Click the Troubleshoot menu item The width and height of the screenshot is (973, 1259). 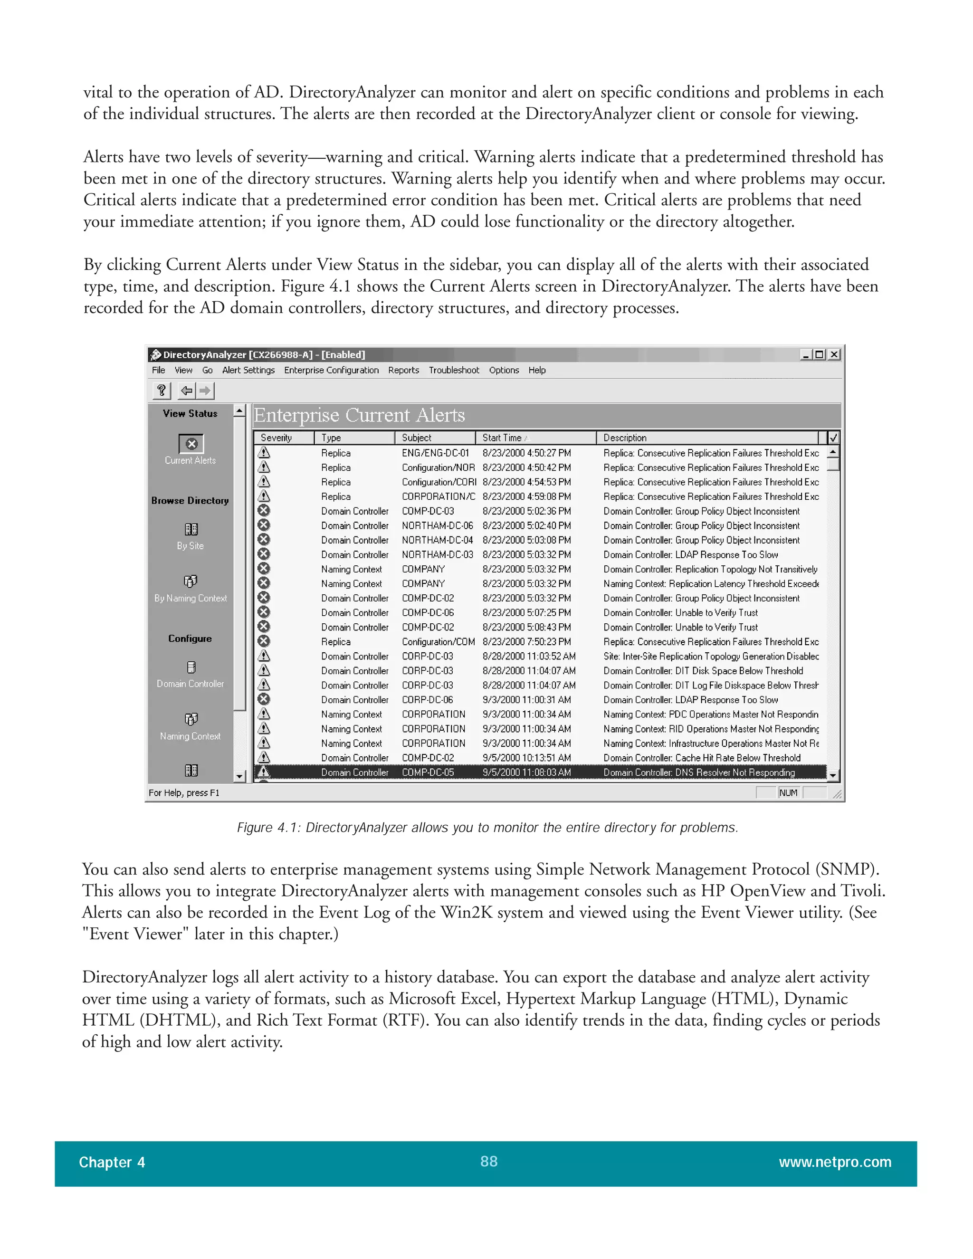(x=454, y=370)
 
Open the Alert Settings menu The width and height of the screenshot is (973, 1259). (x=248, y=370)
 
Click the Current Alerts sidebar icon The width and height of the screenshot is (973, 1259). (x=191, y=443)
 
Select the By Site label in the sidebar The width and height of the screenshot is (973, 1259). (x=190, y=545)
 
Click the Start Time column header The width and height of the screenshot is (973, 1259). (x=502, y=438)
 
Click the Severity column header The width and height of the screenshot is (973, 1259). (x=276, y=438)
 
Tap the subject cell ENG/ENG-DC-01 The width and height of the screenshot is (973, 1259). (x=435, y=453)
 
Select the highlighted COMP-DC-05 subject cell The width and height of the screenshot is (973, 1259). (x=428, y=773)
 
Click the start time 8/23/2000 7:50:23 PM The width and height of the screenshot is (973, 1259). (x=526, y=641)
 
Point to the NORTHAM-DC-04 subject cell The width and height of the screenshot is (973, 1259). (x=438, y=540)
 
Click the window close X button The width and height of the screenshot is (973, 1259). (x=833, y=354)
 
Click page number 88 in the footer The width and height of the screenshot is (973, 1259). (x=489, y=1161)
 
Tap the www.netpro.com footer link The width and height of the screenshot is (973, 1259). (x=835, y=1162)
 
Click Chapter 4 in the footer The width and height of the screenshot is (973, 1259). (x=112, y=1162)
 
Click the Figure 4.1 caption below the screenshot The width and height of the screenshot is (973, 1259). (x=487, y=827)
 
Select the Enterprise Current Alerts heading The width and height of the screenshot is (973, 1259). (x=359, y=415)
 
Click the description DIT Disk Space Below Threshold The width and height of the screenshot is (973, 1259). (x=703, y=671)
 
